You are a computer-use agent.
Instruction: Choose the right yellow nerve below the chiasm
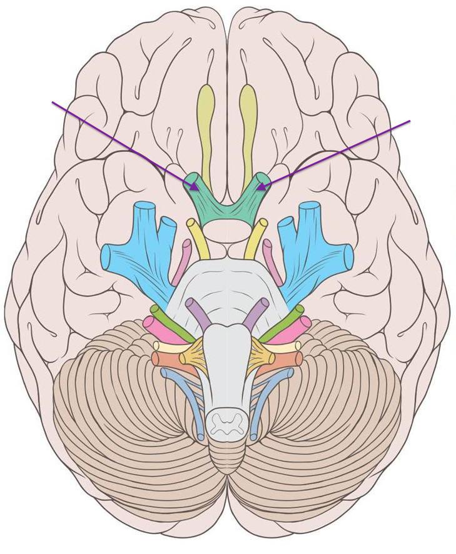coord(256,238)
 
